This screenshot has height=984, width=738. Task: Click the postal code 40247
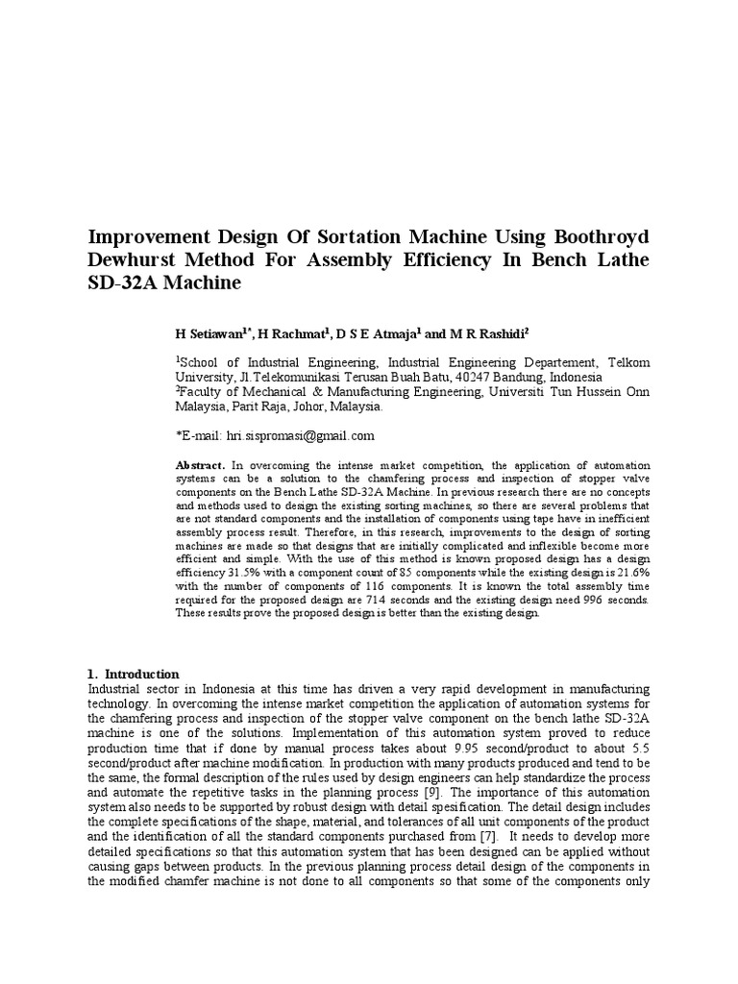(471, 378)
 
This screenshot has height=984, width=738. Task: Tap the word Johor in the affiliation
(305, 406)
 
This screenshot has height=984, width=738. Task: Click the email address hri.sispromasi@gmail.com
(300, 435)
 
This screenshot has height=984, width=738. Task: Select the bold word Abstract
(200, 464)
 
